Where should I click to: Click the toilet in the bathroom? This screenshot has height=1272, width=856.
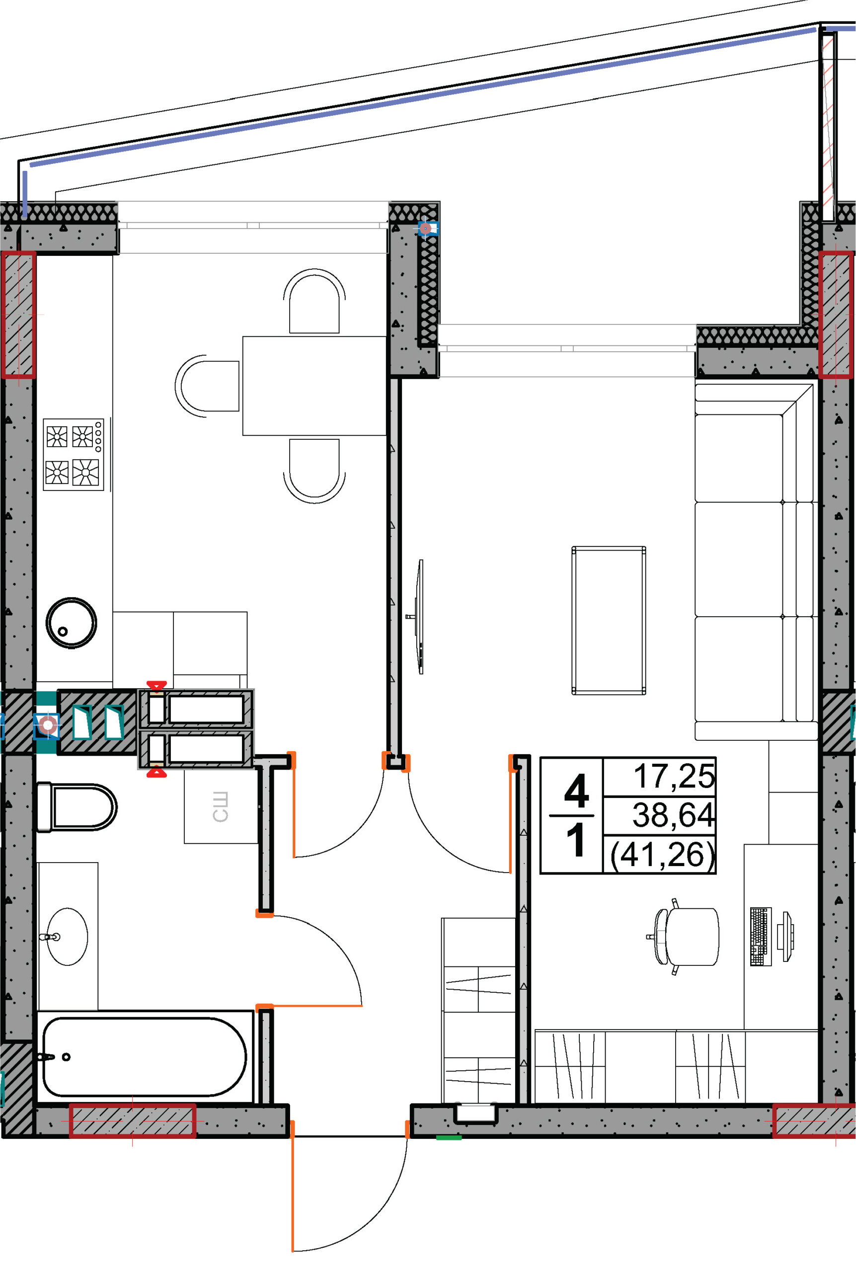point(76,807)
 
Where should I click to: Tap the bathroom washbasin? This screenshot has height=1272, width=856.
point(66,937)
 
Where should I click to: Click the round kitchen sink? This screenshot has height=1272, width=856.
point(71,623)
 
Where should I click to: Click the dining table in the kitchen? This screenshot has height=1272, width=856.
point(314,386)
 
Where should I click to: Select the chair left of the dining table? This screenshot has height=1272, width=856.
point(208,386)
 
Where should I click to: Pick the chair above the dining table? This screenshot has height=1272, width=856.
point(314,301)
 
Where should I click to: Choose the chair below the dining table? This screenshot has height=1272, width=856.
point(314,471)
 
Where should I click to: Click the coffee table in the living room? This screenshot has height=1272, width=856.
point(609,620)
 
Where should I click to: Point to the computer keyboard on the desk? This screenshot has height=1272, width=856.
point(761,937)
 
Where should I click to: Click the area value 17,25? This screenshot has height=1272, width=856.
point(674,776)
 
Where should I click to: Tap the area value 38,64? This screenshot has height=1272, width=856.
point(673,815)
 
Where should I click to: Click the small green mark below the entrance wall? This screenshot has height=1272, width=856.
point(449,1138)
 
